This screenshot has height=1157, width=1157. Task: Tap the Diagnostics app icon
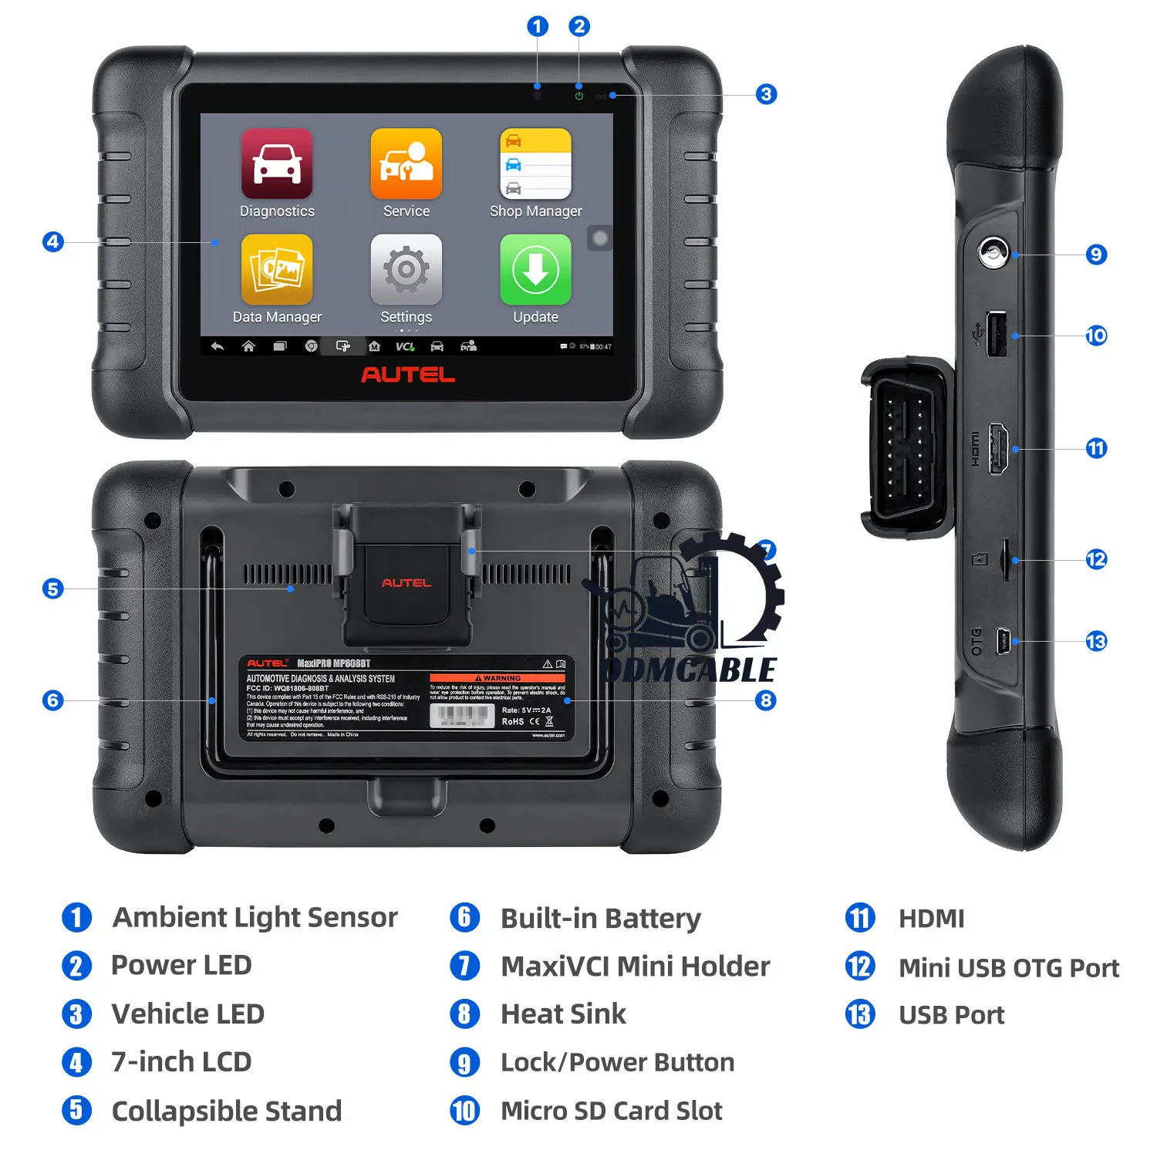277,164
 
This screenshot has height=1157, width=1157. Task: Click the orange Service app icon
406,164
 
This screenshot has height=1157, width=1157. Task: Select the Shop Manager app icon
535,164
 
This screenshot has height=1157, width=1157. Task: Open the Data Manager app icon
277,269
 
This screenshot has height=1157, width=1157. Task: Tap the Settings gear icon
406,269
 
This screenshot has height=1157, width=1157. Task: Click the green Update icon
535,269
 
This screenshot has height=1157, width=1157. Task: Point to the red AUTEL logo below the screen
408,375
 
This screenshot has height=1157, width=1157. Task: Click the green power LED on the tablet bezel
578,96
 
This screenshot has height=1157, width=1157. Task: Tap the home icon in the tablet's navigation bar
248,346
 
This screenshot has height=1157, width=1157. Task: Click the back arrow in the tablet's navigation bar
218,346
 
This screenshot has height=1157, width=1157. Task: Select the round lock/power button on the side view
993,252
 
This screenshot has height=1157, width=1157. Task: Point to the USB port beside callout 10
996,334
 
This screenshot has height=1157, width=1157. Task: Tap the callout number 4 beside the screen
52,241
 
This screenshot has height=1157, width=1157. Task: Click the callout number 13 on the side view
1096,641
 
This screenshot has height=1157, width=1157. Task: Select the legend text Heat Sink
563,1014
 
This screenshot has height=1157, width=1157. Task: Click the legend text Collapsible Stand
226,1111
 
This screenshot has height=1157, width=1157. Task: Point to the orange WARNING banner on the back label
497,678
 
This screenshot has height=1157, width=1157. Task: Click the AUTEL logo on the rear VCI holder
406,582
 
